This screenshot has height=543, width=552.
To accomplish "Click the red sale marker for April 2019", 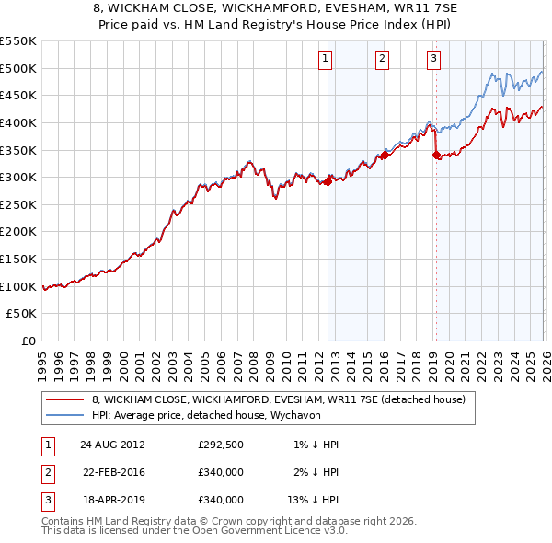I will [436, 155].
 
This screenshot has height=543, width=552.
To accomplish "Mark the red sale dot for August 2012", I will [328, 181].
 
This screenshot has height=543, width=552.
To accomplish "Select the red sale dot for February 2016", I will [385, 155].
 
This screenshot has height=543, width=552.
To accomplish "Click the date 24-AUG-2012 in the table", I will [112, 445].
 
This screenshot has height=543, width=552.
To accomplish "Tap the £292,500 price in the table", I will [221, 445].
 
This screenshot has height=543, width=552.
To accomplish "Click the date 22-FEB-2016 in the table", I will [112, 472].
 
